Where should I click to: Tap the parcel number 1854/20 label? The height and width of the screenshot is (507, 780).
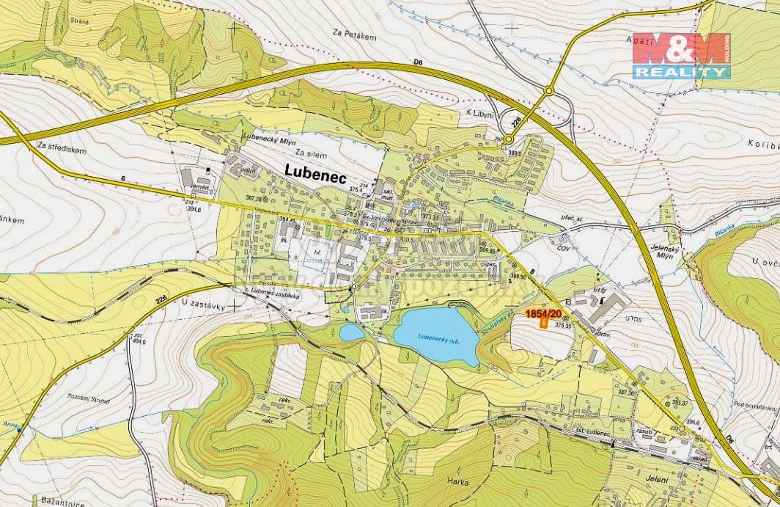tap(544, 314)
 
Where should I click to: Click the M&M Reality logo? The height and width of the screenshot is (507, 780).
tap(681, 56)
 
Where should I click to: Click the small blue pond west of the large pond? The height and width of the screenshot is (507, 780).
tap(352, 332)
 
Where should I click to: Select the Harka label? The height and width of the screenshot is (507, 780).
tap(456, 482)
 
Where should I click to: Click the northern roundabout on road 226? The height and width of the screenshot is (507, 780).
tap(548, 91)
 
